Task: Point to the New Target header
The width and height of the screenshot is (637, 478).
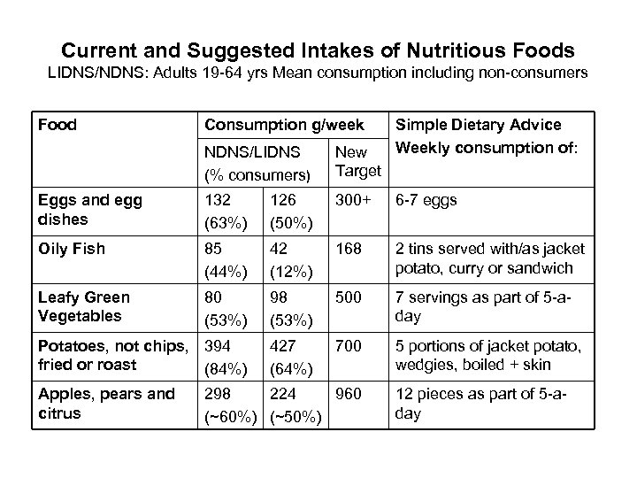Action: pyautogui.click(x=358, y=160)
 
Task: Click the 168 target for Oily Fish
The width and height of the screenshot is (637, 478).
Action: pyautogui.click(x=349, y=249)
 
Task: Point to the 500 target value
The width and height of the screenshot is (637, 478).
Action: pyautogui.click(x=349, y=297)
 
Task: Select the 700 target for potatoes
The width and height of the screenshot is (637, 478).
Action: pyautogui.click(x=349, y=346)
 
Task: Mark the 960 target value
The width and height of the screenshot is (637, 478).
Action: pyautogui.click(x=349, y=395)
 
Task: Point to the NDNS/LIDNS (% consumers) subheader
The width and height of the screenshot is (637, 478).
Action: pyautogui.click(x=253, y=160)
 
